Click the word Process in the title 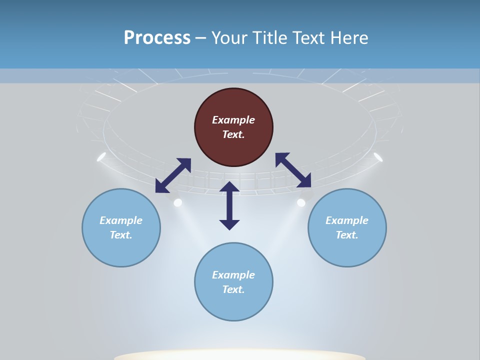(157, 38)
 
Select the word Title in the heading (272, 38)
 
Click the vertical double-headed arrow (229, 205)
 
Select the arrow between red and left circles (173, 175)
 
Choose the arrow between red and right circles (293, 170)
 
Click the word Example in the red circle (233, 120)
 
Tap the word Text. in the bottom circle (233, 289)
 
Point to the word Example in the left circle (121, 220)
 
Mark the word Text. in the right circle (347, 235)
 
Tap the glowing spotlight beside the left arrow (177, 202)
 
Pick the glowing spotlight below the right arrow (301, 202)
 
